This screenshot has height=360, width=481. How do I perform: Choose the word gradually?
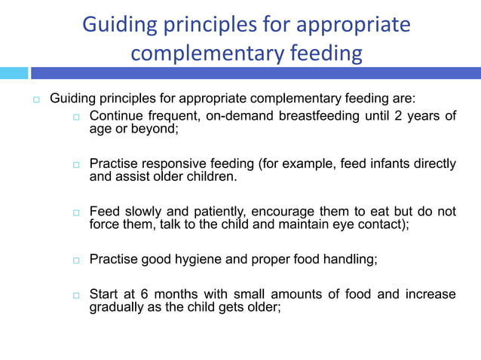115,307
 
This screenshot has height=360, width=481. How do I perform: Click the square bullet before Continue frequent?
76,117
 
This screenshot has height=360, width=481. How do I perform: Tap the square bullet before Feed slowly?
76,213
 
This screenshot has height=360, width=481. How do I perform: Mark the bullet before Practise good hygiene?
76,261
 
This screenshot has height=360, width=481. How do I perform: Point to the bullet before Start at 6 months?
76,295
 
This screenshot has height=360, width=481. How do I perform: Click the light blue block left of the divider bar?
14,73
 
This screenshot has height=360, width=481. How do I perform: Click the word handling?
348,260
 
